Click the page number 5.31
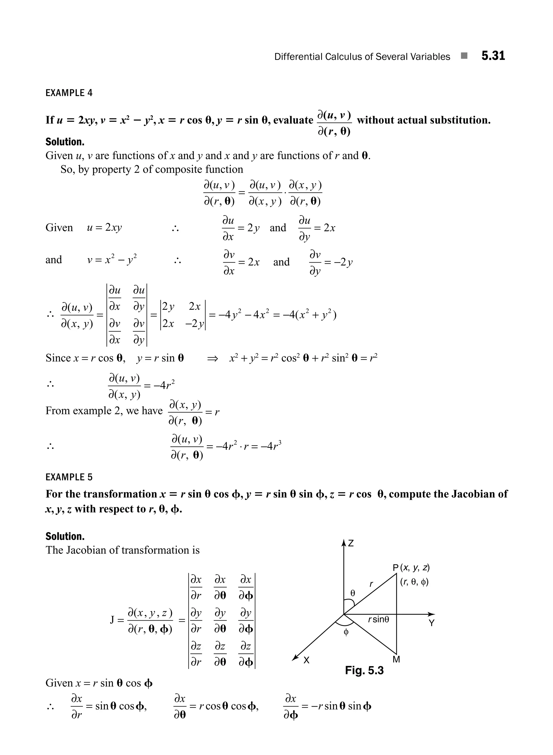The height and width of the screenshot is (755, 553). tap(493, 56)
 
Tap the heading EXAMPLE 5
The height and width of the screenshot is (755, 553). tap(69, 477)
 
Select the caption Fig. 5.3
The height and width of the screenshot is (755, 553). tap(364, 670)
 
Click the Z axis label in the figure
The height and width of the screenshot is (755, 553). tap(351, 543)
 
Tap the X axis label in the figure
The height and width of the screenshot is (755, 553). tap(306, 660)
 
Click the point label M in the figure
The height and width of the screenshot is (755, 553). tap(396, 659)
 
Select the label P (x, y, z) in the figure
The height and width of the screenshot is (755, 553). tap(411, 568)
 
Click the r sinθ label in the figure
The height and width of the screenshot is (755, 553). tap(379, 619)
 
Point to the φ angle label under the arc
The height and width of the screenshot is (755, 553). tap(346, 632)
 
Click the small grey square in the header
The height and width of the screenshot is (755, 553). tap(464, 56)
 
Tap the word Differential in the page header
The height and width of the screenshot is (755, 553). tap(298, 57)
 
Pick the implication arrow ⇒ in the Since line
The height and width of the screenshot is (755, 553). tap(213, 359)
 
